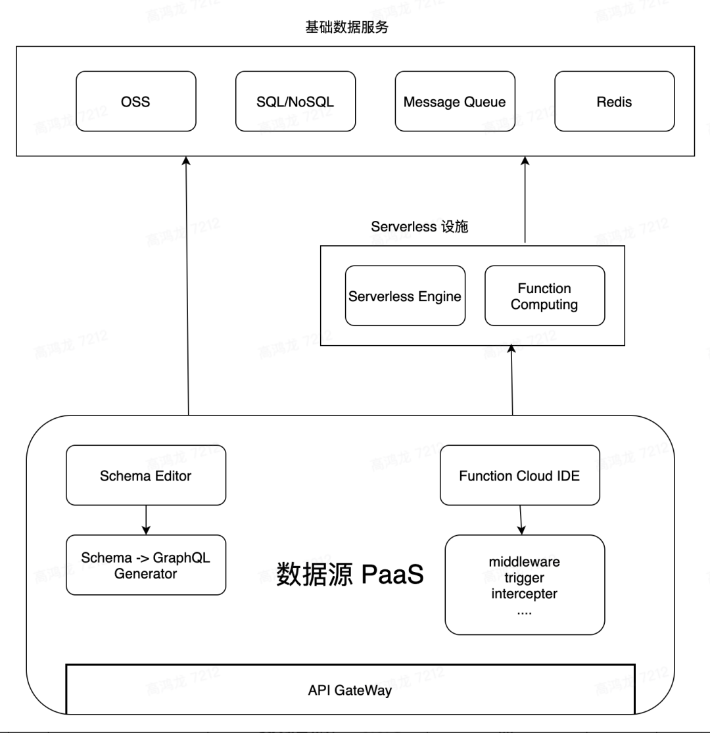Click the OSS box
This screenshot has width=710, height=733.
tap(135, 101)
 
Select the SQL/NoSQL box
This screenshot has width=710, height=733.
tap(295, 101)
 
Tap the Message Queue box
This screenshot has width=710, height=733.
tap(455, 101)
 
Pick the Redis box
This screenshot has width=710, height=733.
tap(614, 101)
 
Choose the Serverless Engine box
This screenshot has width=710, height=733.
tap(405, 296)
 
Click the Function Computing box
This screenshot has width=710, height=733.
tap(544, 296)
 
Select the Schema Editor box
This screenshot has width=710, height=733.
tap(146, 476)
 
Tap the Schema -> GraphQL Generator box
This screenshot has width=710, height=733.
tap(146, 565)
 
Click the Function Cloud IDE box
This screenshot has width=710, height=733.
tap(519, 476)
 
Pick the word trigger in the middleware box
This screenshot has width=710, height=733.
tap(523, 578)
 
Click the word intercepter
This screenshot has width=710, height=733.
tap(523, 594)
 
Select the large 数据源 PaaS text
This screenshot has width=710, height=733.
tap(350, 574)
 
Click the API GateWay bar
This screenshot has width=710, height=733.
tap(350, 691)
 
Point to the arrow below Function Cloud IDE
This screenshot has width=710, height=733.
tap(521, 521)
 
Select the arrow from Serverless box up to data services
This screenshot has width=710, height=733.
tap(525, 201)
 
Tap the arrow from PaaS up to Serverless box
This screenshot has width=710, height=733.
tap(512, 381)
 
